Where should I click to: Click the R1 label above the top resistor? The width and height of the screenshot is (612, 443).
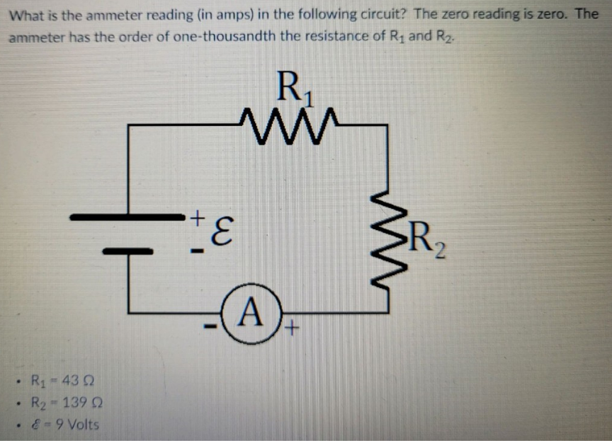[x=293, y=88]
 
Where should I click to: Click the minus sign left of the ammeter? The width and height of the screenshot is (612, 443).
[x=211, y=327]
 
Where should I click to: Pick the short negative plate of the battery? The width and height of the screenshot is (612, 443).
[x=128, y=251]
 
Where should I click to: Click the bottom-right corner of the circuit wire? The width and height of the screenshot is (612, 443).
[x=387, y=311]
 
